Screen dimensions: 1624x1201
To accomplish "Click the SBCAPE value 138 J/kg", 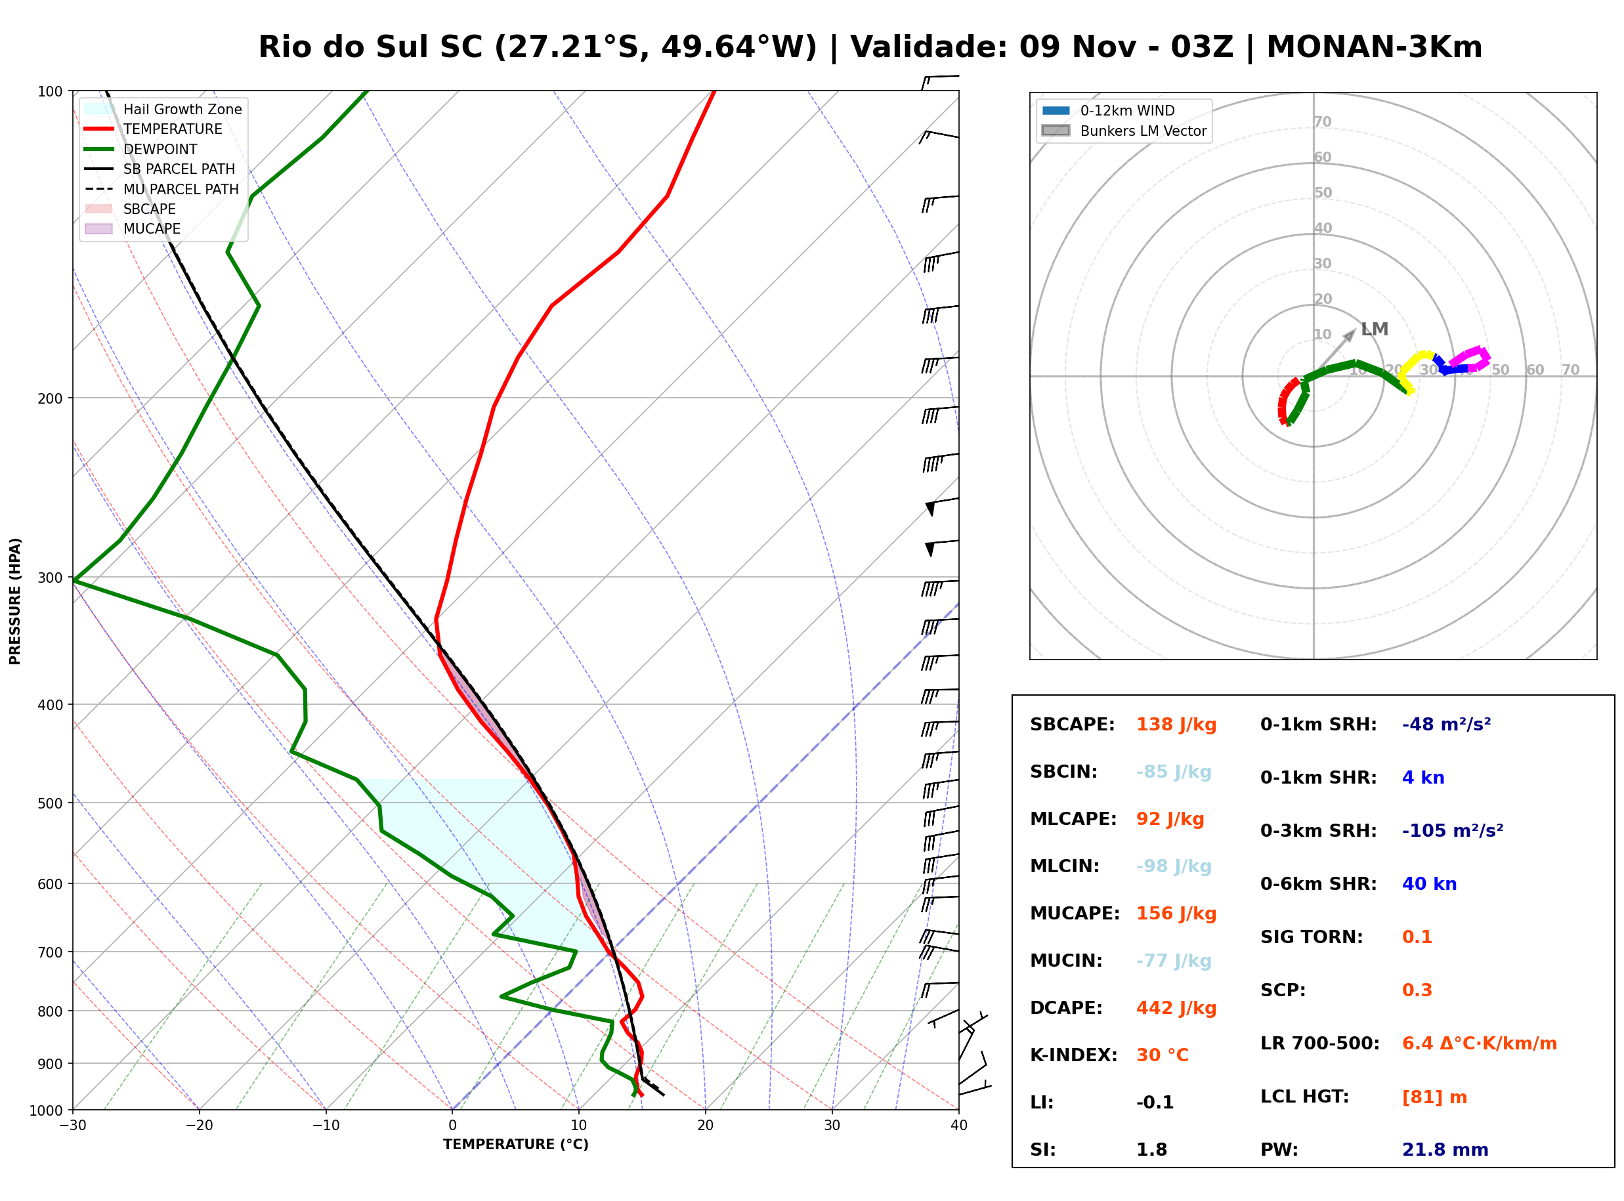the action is click(x=1176, y=725).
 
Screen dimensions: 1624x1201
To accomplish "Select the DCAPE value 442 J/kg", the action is click(x=1176, y=1008).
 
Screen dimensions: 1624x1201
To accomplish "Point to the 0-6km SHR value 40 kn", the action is click(x=1429, y=884).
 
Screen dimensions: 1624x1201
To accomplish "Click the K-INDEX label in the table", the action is click(x=1073, y=1055).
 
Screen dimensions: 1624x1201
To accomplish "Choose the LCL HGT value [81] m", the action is click(x=1434, y=1097).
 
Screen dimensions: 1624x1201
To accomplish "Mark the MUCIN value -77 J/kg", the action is click(x=1173, y=961).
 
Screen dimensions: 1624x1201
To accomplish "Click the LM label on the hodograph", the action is click(x=1374, y=329).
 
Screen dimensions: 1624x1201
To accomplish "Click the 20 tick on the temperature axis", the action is click(x=705, y=1126).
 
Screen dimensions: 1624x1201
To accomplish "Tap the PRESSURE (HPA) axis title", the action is click(x=14, y=600).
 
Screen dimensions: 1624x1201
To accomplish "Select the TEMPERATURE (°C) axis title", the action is click(x=515, y=1145).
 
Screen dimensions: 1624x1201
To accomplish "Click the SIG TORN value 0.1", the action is click(x=1417, y=937).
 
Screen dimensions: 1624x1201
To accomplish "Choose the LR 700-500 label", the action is click(x=1319, y=1043).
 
